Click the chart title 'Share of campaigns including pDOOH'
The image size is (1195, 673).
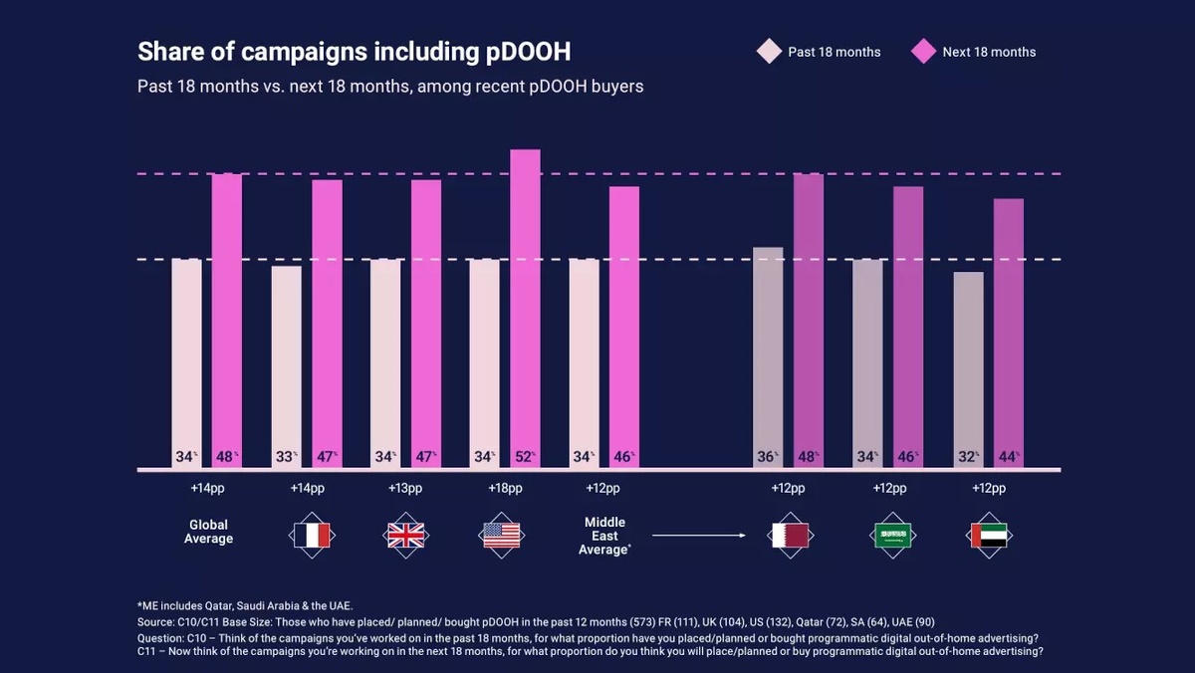354,52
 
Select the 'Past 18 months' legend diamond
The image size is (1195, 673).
769,52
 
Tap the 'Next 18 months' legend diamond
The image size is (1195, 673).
923,52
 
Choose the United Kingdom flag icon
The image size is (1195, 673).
404,536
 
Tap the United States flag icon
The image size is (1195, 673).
502,536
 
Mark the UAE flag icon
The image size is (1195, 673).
989,536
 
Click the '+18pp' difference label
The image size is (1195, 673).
505,489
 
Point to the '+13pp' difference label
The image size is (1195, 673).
404,489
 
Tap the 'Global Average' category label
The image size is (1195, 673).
208,532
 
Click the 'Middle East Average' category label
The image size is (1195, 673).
604,536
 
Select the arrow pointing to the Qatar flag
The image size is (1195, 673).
699,536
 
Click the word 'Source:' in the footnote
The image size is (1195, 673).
157,621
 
